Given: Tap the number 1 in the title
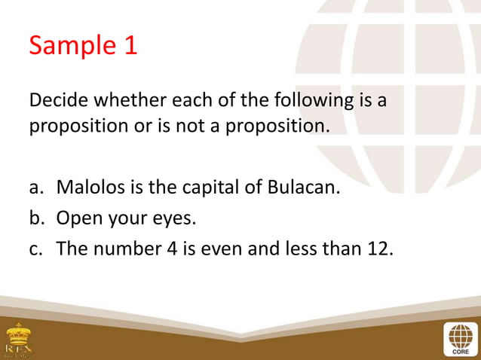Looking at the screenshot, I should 130,45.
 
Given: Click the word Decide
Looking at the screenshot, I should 59,100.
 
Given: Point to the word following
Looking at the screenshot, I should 302,100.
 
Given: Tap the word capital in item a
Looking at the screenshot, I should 213,186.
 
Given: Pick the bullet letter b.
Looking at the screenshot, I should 35,219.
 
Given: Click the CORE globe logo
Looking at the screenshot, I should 460,338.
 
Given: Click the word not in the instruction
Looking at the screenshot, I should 232,125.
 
